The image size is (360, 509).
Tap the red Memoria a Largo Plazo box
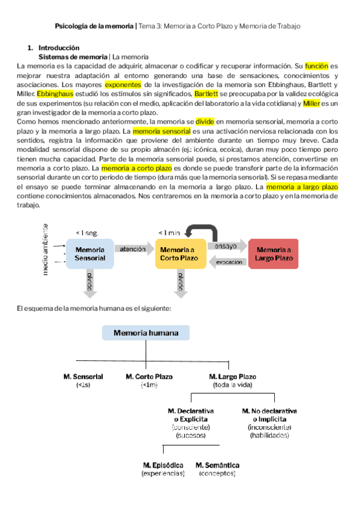274,253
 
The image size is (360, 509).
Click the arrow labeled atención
133,248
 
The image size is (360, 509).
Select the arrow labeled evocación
227,262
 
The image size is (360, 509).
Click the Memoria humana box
145,333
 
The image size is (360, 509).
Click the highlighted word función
317,66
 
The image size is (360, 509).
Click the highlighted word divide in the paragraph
205,122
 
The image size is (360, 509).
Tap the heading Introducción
59,47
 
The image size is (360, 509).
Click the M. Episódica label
163,465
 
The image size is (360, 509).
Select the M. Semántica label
218,465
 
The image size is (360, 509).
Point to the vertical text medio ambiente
45,250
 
